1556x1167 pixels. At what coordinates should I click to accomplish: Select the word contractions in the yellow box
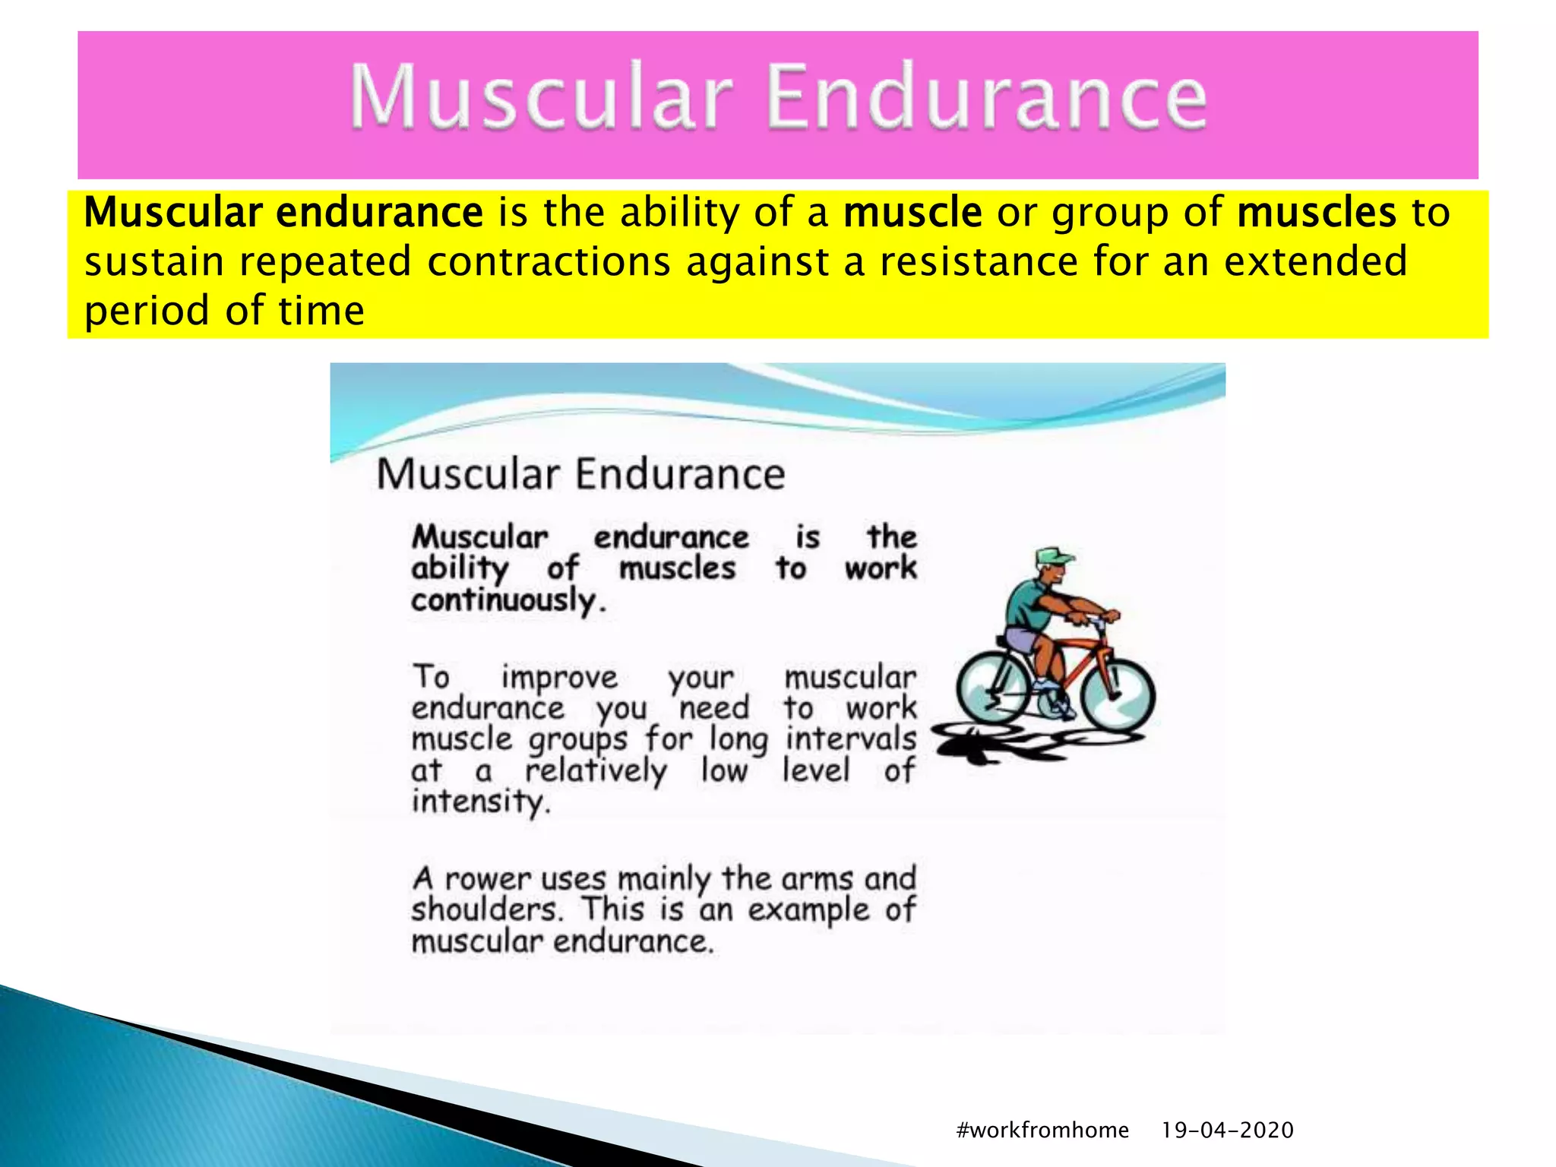(549, 262)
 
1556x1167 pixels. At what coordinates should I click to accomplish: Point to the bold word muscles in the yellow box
(1316, 213)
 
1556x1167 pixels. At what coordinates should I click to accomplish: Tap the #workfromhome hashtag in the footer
(1042, 1130)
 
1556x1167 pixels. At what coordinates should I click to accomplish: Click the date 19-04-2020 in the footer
(1227, 1130)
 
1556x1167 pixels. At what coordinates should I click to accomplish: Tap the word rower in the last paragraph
(487, 879)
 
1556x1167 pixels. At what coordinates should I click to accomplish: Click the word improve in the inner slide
(559, 678)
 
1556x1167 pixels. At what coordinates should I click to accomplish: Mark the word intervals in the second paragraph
(850, 739)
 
